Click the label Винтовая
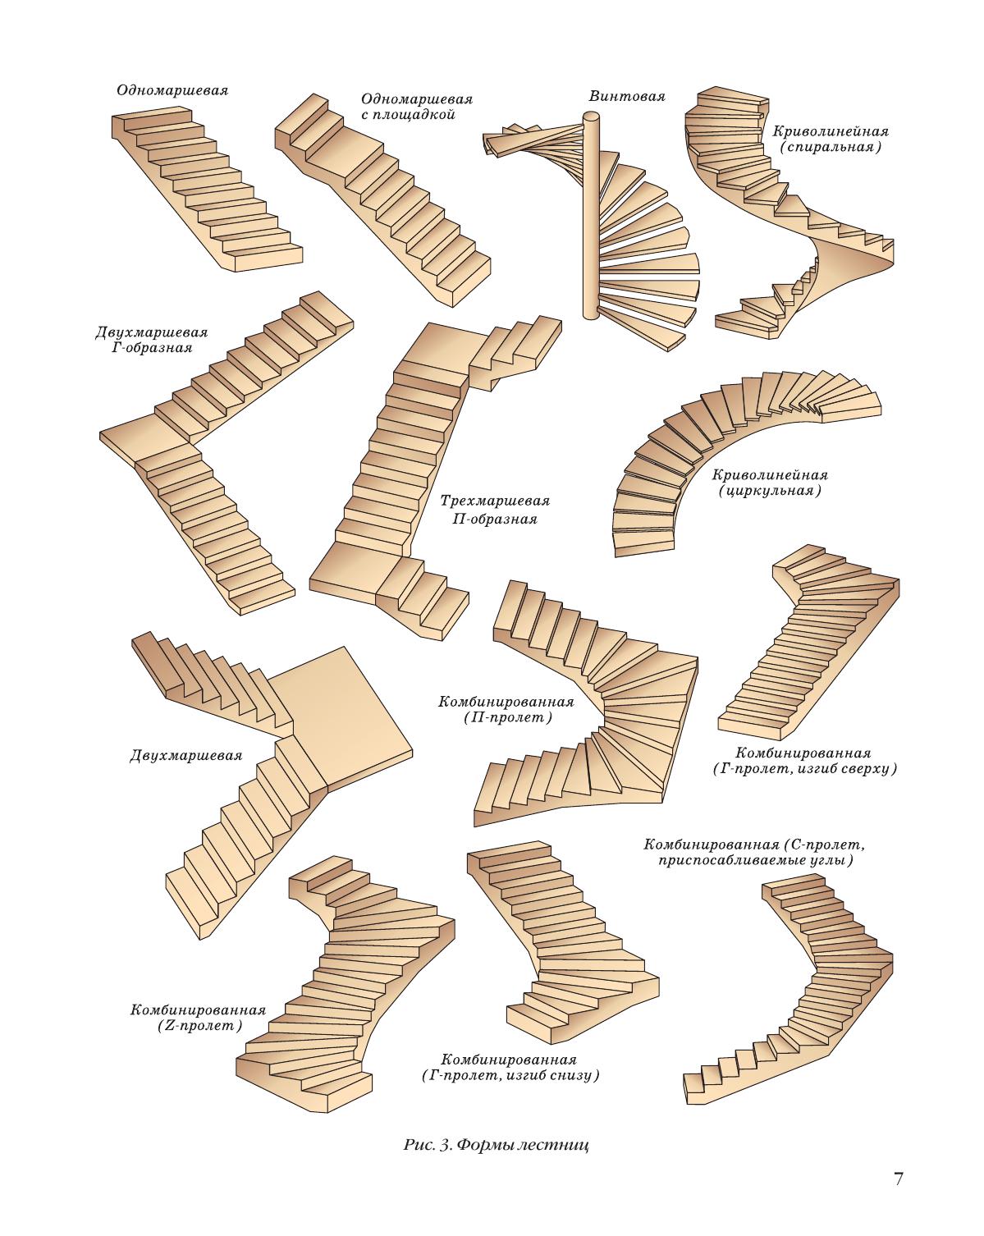coord(626,96)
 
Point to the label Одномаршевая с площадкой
coord(416,107)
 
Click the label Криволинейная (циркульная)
coord(769,483)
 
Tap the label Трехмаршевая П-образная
coord(494,509)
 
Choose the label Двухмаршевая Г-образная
coord(151,340)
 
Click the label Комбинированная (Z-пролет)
coord(197,1018)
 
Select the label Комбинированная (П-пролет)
coord(506,709)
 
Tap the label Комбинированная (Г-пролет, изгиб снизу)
coord(508,1067)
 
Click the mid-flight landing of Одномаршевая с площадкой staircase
coord(345,155)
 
